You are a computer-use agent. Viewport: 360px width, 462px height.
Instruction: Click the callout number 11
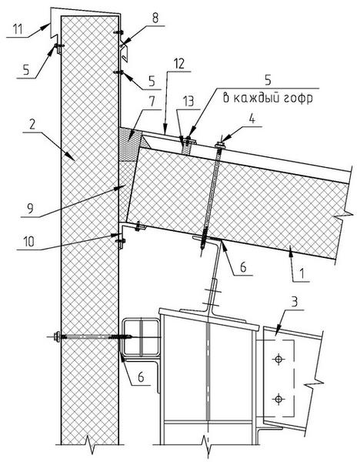[18, 30]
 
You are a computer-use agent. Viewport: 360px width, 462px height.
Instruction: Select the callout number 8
[155, 18]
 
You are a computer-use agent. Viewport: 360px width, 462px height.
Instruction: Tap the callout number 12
[180, 64]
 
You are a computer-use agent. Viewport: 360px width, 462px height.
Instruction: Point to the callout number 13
[188, 101]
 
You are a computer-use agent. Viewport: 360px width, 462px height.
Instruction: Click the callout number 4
[252, 119]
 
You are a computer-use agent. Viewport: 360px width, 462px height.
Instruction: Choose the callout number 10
[28, 242]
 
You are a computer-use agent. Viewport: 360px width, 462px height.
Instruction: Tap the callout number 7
[152, 102]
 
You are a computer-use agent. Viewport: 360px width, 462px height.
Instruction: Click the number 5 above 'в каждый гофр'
[268, 79]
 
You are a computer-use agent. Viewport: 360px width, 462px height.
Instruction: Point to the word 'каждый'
[251, 98]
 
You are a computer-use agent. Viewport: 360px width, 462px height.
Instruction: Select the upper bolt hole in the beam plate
[278, 359]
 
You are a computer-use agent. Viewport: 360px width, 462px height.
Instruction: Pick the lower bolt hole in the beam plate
[278, 399]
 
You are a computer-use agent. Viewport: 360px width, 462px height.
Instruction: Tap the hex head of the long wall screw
[57, 336]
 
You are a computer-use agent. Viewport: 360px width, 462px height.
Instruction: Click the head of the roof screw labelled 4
[220, 145]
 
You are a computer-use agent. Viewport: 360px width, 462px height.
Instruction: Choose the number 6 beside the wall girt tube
[141, 377]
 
